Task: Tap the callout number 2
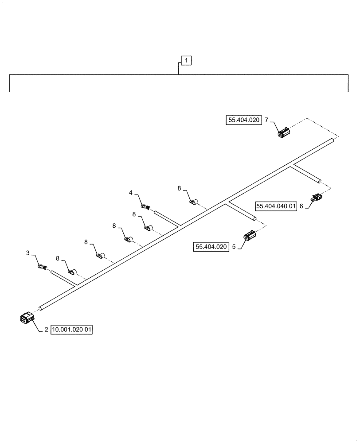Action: [x=46, y=330]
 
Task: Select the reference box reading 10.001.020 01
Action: [x=72, y=330]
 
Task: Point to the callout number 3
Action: [x=28, y=253]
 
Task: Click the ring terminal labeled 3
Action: [x=41, y=267]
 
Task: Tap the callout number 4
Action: [x=131, y=193]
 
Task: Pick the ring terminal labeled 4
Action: [x=145, y=206]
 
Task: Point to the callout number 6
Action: [x=301, y=206]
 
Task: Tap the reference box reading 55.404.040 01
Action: [x=275, y=206]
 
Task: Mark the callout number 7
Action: [x=266, y=120]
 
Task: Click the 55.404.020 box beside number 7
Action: [x=243, y=120]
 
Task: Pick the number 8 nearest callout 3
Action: [x=57, y=258]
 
